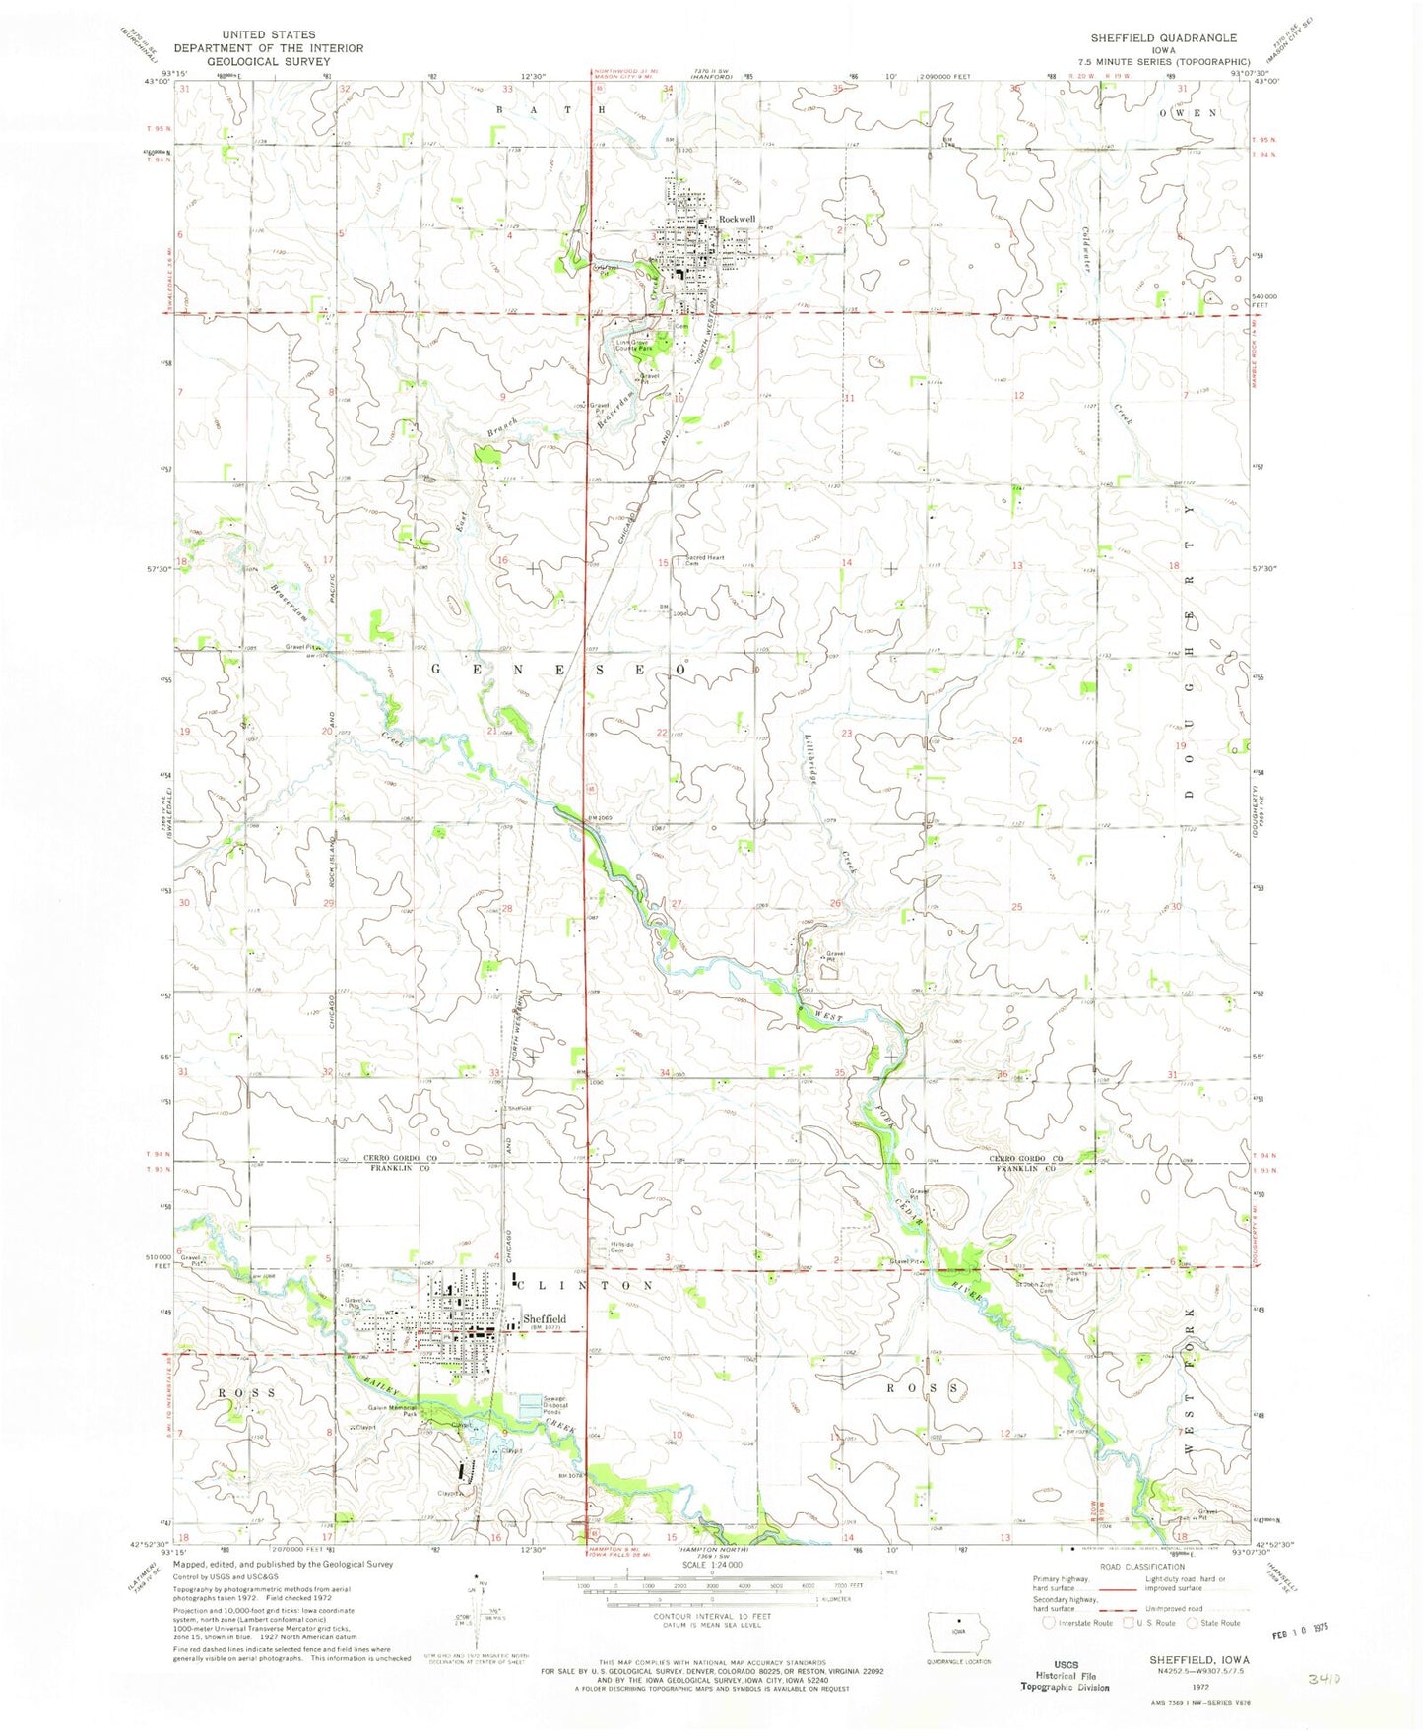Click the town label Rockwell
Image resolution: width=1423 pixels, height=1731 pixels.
pos(737,219)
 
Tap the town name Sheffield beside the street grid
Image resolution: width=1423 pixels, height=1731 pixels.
pos(544,1318)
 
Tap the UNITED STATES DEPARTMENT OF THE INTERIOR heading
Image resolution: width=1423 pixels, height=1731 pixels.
pos(268,47)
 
